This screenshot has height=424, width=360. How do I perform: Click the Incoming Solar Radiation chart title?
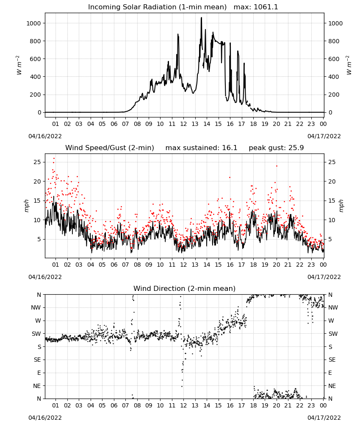pyautogui.click(x=157, y=7)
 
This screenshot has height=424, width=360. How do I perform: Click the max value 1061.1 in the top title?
pyautogui.click(x=266, y=7)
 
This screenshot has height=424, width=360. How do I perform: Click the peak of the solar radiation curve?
pyautogui.click(x=201, y=18)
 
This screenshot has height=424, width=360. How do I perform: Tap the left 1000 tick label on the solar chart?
pyautogui.click(x=33, y=23)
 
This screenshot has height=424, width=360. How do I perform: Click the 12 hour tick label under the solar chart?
pyautogui.click(x=183, y=124)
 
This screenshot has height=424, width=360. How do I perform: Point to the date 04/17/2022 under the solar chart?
pyautogui.click(x=324, y=136)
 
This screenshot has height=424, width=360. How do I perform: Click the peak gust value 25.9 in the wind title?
pyautogui.click(x=297, y=148)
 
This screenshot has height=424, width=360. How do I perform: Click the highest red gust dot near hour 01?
pyautogui.click(x=54, y=159)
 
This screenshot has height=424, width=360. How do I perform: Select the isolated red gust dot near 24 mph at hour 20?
pyautogui.click(x=277, y=166)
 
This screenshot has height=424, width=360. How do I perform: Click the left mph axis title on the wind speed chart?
pyautogui.click(x=26, y=206)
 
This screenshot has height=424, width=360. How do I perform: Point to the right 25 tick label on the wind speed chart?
pyautogui.click(x=332, y=162)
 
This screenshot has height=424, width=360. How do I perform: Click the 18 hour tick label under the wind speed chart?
pyautogui.click(x=253, y=265)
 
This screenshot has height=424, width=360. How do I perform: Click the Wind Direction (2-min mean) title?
pyautogui.click(x=185, y=288)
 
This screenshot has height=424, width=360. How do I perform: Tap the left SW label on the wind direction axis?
pyautogui.click(x=36, y=334)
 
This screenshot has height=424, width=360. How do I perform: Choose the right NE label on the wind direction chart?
pyautogui.click(x=332, y=386)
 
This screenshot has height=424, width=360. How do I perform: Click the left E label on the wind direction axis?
pyautogui.click(x=39, y=373)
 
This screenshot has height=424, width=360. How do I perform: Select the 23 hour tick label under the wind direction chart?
pyautogui.click(x=311, y=405)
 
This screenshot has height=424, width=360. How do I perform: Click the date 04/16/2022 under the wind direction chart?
pyautogui.click(x=45, y=418)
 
